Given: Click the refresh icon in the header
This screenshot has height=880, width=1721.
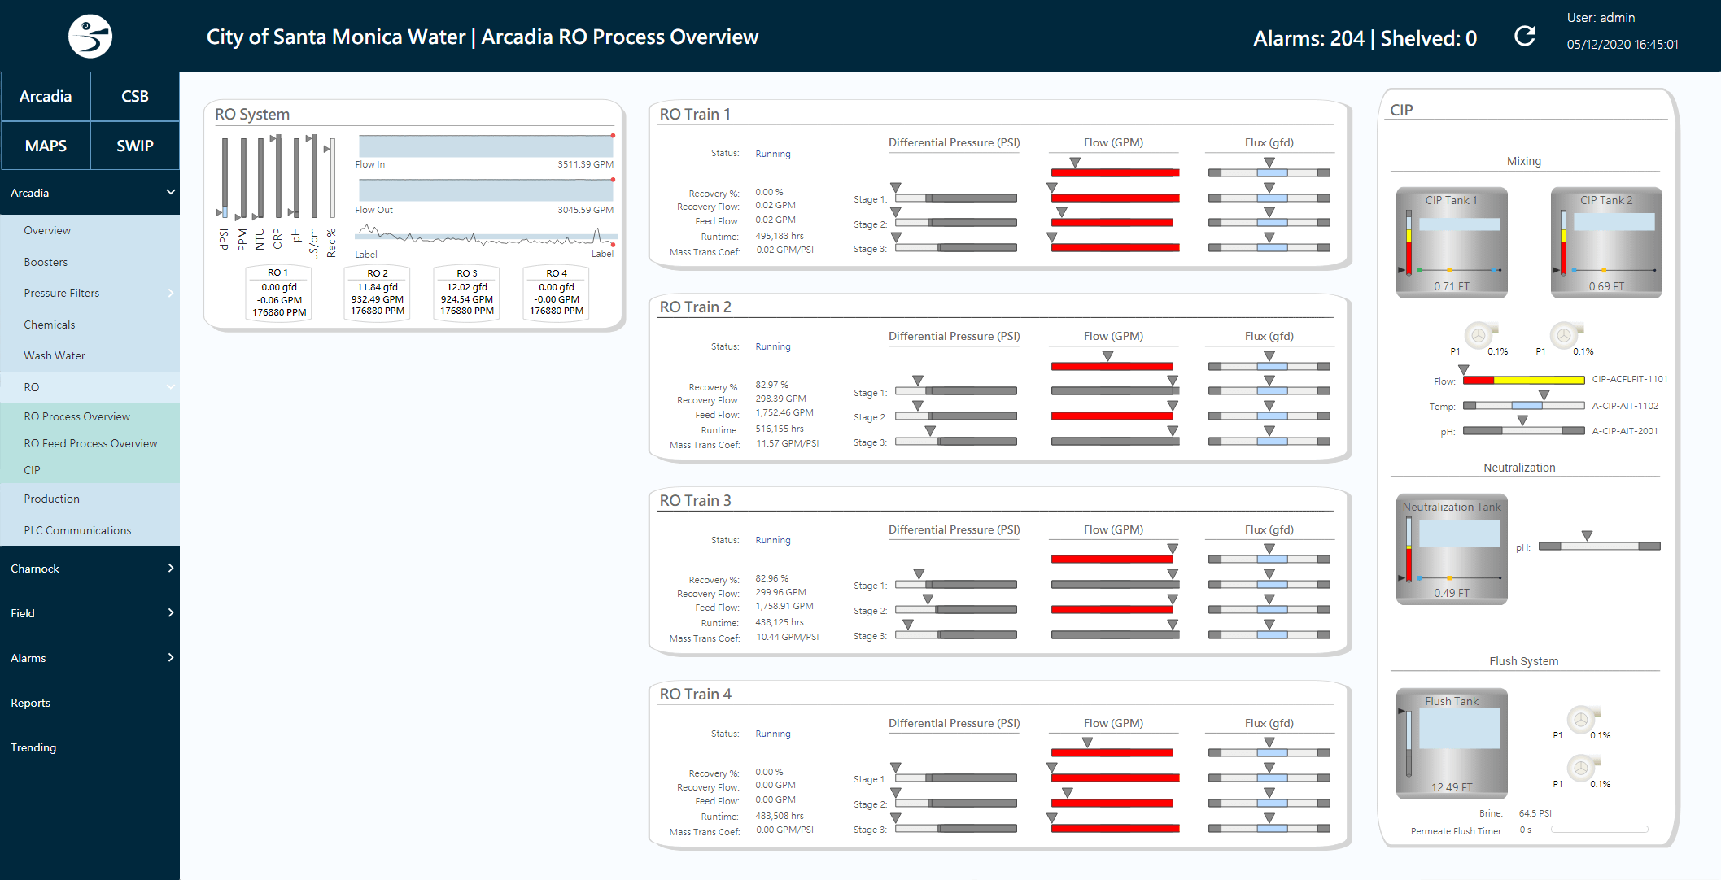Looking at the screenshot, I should (1524, 37).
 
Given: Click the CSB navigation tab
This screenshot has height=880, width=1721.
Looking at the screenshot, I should (135, 96).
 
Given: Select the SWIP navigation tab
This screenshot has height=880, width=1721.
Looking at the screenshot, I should (135, 146).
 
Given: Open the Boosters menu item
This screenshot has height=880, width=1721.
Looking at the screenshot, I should (46, 262).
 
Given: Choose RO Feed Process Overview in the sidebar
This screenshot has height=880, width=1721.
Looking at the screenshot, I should (90, 443).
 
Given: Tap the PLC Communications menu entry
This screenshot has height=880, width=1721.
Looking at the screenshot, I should (77, 530).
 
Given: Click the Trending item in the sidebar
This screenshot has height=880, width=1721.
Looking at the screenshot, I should (33, 747).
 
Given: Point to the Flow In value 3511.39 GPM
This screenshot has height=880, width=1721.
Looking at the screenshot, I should (585, 164).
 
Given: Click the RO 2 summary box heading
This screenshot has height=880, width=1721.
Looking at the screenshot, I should (378, 273).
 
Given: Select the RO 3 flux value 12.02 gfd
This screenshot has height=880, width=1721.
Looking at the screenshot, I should (467, 287).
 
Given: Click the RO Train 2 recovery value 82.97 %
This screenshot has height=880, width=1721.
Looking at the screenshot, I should (771, 385).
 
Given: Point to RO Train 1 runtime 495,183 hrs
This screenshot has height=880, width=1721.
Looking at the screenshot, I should (779, 236).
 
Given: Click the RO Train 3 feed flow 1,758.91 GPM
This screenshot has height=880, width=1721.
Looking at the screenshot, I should (784, 606).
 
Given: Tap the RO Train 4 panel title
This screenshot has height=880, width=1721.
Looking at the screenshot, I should (695, 694).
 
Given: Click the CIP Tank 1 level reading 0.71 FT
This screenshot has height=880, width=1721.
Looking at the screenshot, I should (1451, 286).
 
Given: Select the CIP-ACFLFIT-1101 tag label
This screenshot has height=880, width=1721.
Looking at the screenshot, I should (1629, 379).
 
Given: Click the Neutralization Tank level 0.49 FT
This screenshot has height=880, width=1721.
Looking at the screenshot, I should (1451, 593).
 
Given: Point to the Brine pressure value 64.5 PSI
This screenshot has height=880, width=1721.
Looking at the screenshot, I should (1535, 813).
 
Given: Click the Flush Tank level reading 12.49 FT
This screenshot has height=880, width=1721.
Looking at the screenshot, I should (1451, 787).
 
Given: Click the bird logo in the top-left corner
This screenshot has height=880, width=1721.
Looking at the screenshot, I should (90, 37).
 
